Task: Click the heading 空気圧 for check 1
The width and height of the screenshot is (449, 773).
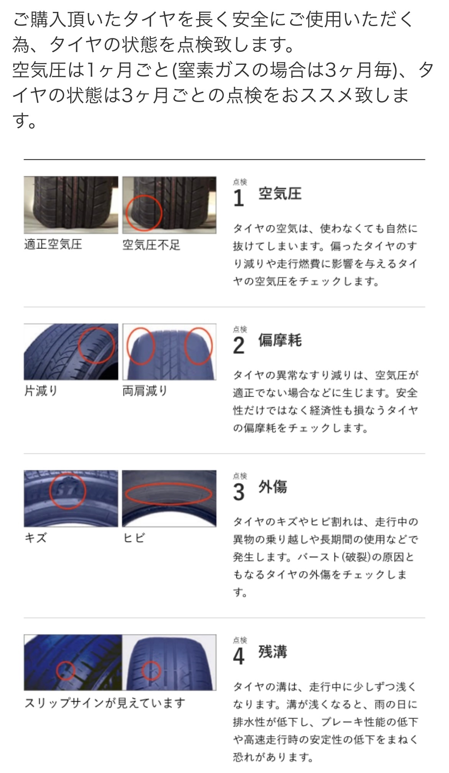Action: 280,194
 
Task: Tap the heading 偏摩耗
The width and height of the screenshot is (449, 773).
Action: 280,340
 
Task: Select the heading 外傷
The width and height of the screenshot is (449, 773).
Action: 272,487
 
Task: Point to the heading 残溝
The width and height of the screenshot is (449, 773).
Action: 272,652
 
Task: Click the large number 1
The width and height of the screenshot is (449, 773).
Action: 239,198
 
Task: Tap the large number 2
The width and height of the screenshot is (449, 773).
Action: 239,345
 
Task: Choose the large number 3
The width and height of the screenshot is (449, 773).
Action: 239,492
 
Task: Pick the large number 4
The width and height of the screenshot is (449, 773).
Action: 239,656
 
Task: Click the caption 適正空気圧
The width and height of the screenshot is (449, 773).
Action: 53,244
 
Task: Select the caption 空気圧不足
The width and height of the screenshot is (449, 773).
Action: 151,245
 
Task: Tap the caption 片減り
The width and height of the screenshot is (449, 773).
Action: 41,391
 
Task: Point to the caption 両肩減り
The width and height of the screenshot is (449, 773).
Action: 145,391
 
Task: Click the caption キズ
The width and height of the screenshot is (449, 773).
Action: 35,538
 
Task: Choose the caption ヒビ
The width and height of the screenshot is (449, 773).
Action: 134,538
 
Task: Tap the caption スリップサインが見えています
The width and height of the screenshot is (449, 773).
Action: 105,703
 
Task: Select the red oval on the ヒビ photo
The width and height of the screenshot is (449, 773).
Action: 168,486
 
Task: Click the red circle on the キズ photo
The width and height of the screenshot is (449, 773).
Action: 50,491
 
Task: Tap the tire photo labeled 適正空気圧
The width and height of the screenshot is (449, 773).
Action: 71,205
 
